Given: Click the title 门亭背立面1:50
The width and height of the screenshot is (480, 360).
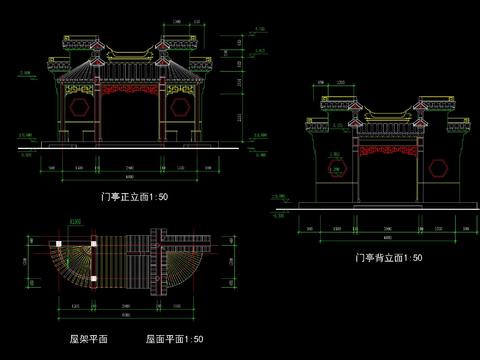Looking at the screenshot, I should (x=388, y=258).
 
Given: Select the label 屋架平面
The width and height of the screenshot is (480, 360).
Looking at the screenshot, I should (x=88, y=340).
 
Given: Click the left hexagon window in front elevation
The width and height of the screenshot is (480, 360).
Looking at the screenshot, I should (x=79, y=103).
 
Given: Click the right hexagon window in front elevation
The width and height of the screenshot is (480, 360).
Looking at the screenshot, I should (x=181, y=103).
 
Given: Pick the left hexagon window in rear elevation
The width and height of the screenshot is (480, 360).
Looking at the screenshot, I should (x=335, y=167).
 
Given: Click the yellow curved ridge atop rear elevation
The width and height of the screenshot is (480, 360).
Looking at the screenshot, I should (x=386, y=113).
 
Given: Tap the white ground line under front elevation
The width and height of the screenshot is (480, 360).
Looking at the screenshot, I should (x=130, y=147).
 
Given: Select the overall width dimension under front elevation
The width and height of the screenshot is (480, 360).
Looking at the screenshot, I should (x=130, y=177).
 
